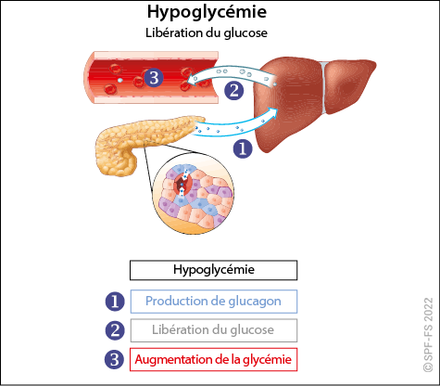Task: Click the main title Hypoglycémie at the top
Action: (207, 12)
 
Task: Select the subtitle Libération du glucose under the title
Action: (207, 33)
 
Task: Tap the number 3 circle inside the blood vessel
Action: (154, 77)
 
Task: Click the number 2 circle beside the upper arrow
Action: (233, 91)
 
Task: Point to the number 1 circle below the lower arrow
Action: (243, 148)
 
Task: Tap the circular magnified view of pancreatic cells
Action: (194, 194)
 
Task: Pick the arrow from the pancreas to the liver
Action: (234, 127)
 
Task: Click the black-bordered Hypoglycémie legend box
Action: (213, 270)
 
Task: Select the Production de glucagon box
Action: (214, 302)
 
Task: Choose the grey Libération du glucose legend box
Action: (214, 330)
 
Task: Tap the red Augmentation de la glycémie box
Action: (213, 359)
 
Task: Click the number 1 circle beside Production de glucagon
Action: (115, 302)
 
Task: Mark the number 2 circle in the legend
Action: (115, 330)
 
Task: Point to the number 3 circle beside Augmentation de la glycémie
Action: (115, 359)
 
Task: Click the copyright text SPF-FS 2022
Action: (428, 334)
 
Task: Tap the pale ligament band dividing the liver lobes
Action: (323, 87)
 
